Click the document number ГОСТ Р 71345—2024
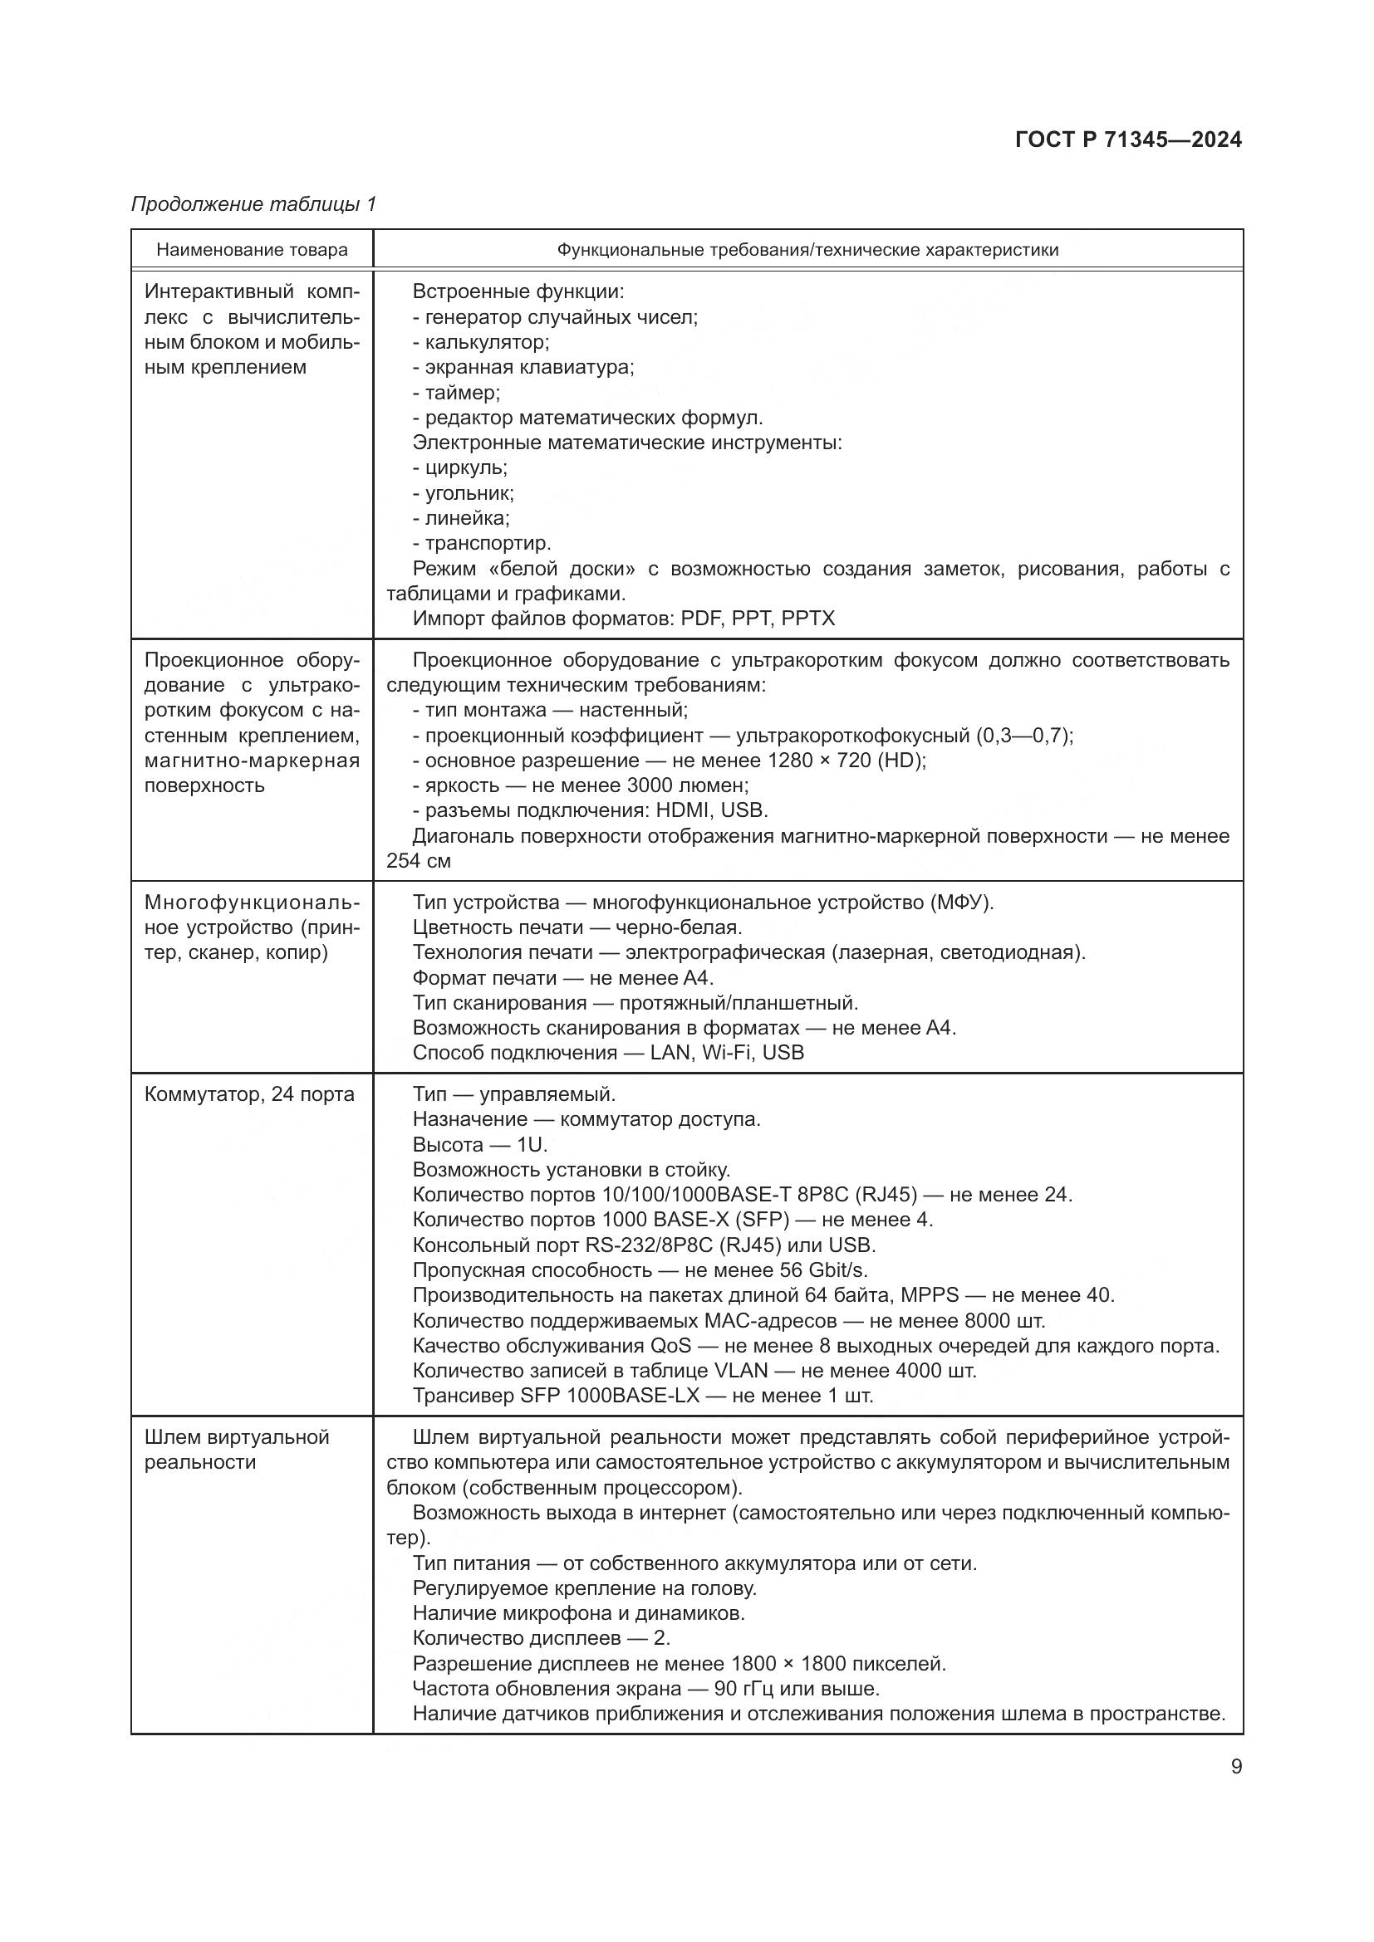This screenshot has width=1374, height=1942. click(1128, 139)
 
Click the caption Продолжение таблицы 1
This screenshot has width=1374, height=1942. click(253, 204)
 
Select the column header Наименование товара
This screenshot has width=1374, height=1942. click(253, 250)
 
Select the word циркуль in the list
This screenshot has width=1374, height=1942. click(465, 467)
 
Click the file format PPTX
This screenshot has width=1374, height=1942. click(808, 619)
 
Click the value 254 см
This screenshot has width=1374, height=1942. click(418, 861)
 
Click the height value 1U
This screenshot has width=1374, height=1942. click(532, 1144)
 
